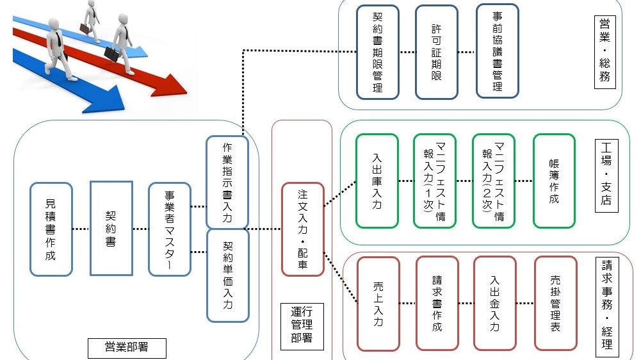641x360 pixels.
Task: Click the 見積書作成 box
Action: pyautogui.click(x=51, y=229)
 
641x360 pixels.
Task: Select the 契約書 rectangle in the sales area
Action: pyautogui.click(x=111, y=227)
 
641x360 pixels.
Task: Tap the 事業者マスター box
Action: pyautogui.click(x=170, y=229)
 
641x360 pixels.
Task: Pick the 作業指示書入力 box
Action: pyautogui.click(x=227, y=182)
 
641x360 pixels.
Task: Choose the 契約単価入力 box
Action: pyautogui.click(x=227, y=275)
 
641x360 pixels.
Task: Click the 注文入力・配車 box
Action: pyautogui.click(x=303, y=229)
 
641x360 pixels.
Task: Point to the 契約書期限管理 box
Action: pyautogui.click(x=378, y=52)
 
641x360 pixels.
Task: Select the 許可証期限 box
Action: pyautogui.click(x=437, y=52)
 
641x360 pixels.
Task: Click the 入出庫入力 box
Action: pyautogui.click(x=377, y=181)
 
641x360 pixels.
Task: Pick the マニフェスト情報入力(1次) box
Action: pyautogui.click(x=435, y=181)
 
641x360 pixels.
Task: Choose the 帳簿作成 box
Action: pyautogui.click(x=554, y=181)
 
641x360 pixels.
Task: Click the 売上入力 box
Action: pyautogui.click(x=378, y=304)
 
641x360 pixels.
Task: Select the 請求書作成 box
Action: pyautogui.click(x=437, y=303)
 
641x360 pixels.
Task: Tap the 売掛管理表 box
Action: pyautogui.click(x=555, y=303)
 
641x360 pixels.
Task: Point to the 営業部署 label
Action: pyautogui.click(x=127, y=347)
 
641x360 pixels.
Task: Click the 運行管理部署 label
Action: pyautogui.click(x=302, y=325)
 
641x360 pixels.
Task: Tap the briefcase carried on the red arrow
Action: pyautogui.click(x=111, y=54)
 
